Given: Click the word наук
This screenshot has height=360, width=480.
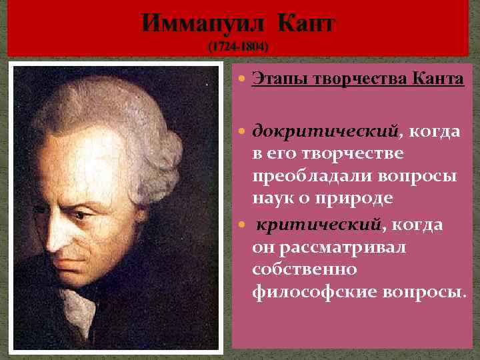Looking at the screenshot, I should pyautogui.click(x=269, y=199).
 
